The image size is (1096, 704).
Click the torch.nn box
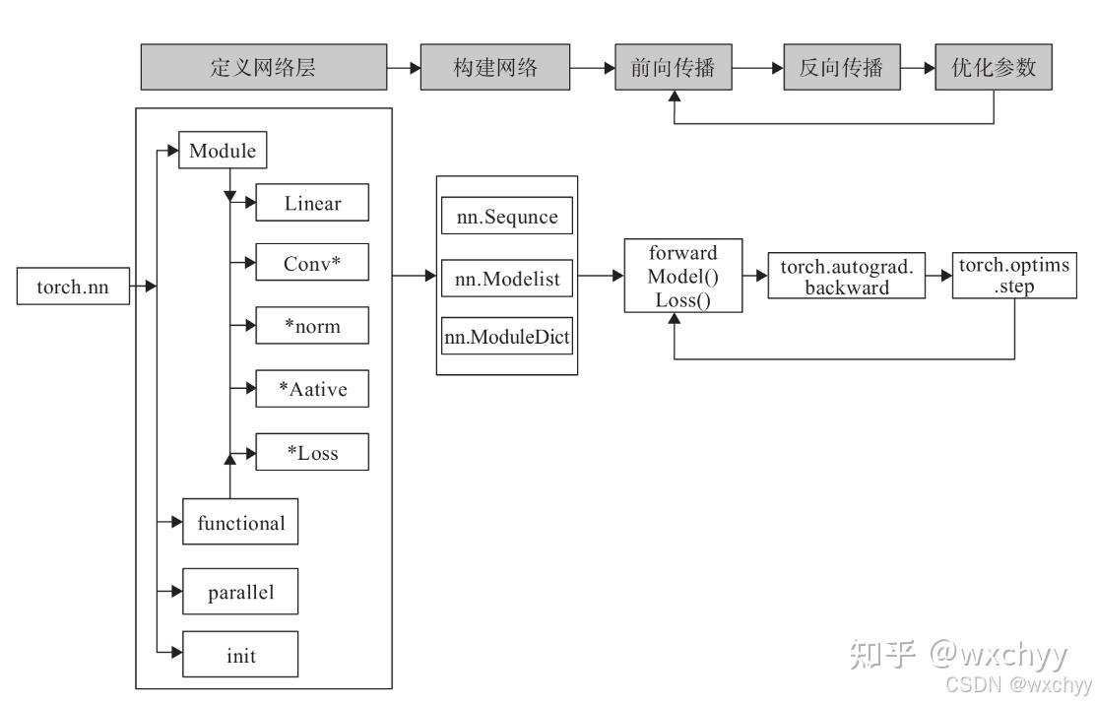click(x=73, y=288)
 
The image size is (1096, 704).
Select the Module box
click(x=223, y=152)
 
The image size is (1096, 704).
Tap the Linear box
click(x=312, y=204)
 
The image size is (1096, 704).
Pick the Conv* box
click(x=312, y=265)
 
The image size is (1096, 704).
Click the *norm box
click(x=312, y=327)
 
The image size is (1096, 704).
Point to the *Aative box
click(x=312, y=390)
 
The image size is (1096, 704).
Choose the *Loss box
click(x=312, y=453)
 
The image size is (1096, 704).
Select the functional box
click(x=240, y=523)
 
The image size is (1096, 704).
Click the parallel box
click(x=240, y=593)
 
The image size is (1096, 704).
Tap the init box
click(x=240, y=655)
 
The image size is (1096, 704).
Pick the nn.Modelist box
click(x=507, y=280)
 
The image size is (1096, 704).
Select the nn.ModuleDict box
click(x=507, y=338)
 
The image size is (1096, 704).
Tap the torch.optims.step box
click(x=1013, y=278)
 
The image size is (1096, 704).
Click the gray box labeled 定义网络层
click(x=263, y=68)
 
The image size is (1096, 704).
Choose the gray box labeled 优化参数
click(x=993, y=68)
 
